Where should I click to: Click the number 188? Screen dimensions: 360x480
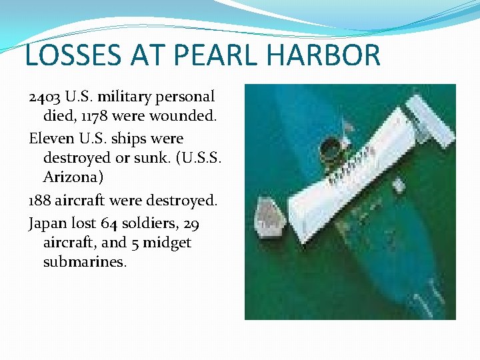[x=39, y=200]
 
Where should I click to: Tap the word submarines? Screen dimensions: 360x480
[x=84, y=262]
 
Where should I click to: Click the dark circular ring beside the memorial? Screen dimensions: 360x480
[x=330, y=149]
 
